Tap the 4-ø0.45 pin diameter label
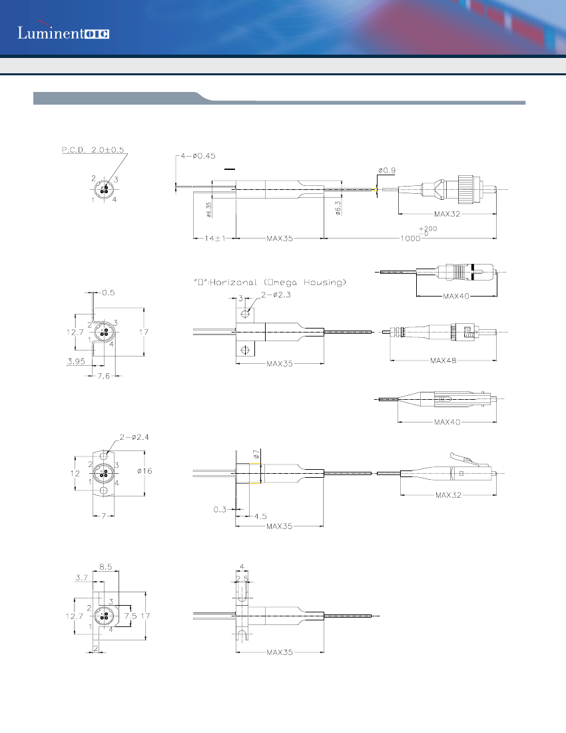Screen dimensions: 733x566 200,156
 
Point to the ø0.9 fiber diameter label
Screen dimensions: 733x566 386,170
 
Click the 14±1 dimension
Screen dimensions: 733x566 214,238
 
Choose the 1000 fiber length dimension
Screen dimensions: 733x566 410,239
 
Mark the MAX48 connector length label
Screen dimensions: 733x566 442,361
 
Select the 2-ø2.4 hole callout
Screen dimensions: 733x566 137,437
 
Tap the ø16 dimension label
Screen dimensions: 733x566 144,471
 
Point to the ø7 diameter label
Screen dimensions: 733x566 256,454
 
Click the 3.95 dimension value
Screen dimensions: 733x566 75,361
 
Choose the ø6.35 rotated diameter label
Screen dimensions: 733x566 208,210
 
